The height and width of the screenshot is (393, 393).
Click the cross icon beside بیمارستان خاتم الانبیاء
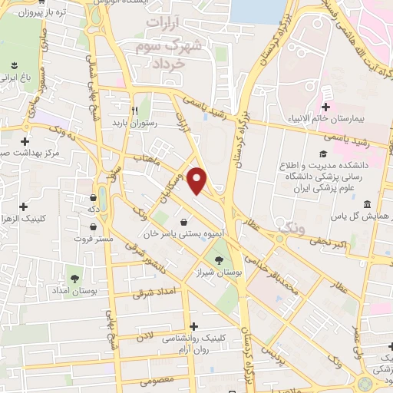point(325,107)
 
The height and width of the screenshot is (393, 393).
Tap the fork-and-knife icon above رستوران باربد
point(134,110)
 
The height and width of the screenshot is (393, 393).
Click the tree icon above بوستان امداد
point(75,277)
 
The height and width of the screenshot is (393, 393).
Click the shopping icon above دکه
point(92,196)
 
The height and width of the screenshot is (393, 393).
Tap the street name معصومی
point(160,380)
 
